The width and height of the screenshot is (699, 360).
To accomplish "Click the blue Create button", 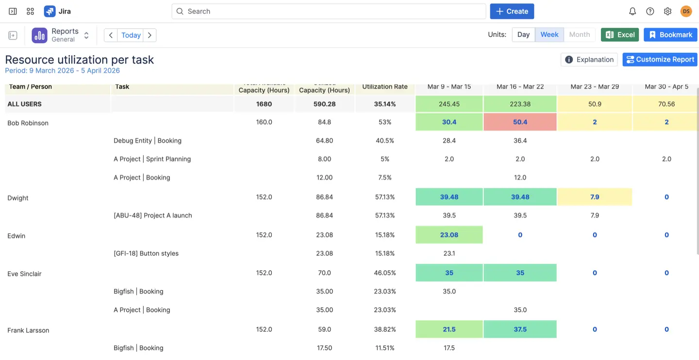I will pos(512,11).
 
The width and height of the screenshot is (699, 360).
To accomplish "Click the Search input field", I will pos(329,11).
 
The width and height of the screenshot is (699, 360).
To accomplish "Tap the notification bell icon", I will pos(632,11).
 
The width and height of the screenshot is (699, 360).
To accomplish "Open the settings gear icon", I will pos(667,11).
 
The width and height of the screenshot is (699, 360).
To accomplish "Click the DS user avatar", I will pos(685,11).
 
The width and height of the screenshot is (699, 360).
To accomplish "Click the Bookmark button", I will pos(670,34).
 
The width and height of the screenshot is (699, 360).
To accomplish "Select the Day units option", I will pos(523,34).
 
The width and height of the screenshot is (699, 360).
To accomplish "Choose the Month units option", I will pos(579,34).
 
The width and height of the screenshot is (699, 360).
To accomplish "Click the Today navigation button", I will pos(131,35).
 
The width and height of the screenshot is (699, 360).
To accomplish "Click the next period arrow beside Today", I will pos(150,35).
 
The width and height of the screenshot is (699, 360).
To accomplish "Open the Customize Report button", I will pos(660,59).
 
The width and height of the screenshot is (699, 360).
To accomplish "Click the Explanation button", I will pos(589,59).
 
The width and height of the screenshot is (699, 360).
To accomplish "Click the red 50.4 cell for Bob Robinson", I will pos(520,122).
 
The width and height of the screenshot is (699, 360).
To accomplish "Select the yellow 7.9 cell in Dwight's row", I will pos(594,197).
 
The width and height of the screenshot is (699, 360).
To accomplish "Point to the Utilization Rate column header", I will pos(384,86).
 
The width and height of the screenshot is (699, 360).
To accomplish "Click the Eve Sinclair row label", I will pos(24,274).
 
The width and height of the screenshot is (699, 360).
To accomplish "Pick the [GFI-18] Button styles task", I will pos(146,253).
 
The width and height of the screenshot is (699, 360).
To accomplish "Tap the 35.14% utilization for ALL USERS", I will pos(384,104).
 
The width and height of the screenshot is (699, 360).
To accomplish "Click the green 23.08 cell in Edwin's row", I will pos(449,235).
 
